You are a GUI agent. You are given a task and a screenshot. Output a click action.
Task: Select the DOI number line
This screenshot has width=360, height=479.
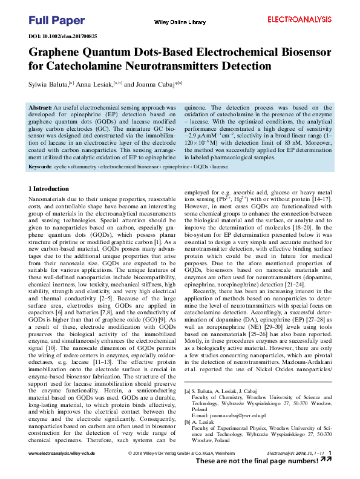point(63,36)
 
